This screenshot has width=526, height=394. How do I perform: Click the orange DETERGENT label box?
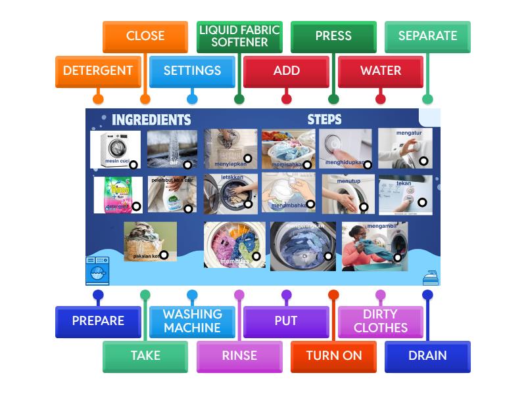(98, 71)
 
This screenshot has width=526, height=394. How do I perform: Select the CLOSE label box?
(145, 36)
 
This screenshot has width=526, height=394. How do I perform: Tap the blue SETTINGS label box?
(192, 71)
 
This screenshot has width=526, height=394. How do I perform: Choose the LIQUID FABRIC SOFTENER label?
(239, 36)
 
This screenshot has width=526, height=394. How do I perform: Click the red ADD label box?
(286, 71)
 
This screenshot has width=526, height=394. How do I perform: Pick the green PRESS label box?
(333, 36)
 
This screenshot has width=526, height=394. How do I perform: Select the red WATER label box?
(380, 71)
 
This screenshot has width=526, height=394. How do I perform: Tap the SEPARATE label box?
(427, 36)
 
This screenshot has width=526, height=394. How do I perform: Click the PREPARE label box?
(98, 321)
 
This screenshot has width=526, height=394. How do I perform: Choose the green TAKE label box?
(145, 356)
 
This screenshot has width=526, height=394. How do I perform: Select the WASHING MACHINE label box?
(192, 321)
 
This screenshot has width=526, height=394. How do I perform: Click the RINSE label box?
(239, 356)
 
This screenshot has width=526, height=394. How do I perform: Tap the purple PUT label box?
(286, 321)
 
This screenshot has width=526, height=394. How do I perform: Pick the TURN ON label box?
(333, 356)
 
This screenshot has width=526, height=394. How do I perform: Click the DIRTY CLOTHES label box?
(380, 321)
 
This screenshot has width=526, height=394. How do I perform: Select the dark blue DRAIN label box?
(427, 356)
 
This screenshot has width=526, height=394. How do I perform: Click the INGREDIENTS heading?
(151, 120)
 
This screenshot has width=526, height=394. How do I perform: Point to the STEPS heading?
(324, 120)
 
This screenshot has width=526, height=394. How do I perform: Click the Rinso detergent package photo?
(117, 194)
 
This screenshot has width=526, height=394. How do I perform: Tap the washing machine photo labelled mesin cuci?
(116, 149)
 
